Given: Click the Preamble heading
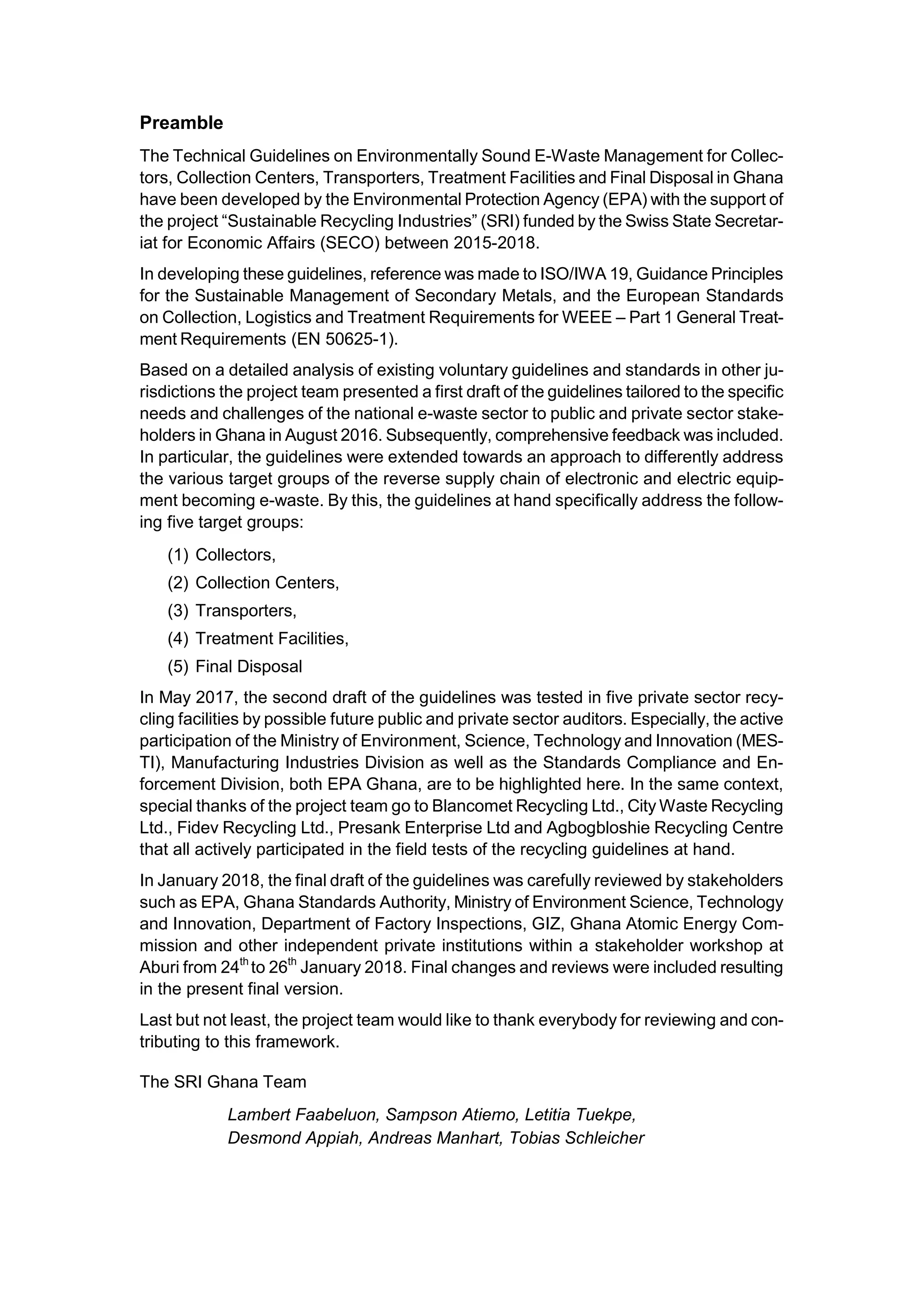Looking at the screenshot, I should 182,123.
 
